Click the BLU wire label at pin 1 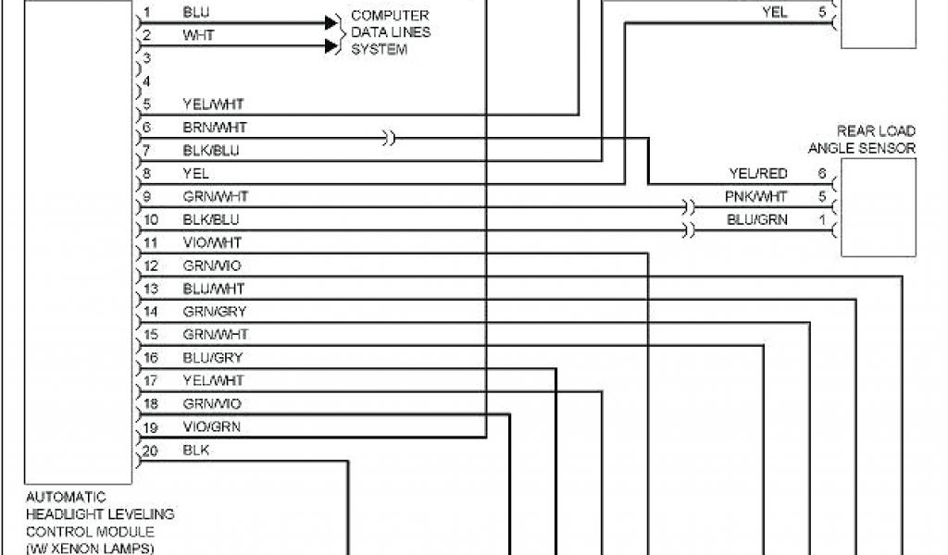(195, 13)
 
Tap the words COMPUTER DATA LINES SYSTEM (390, 32)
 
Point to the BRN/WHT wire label (215, 127)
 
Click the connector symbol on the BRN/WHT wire (390, 139)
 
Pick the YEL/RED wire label (756, 173)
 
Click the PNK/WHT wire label (755, 196)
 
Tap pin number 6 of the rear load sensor (821, 173)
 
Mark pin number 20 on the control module (152, 450)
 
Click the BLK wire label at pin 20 (195, 450)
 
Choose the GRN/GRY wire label (214, 312)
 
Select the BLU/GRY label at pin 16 (214, 358)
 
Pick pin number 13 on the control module (152, 289)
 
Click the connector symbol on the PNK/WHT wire (688, 206)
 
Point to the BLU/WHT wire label (214, 289)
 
